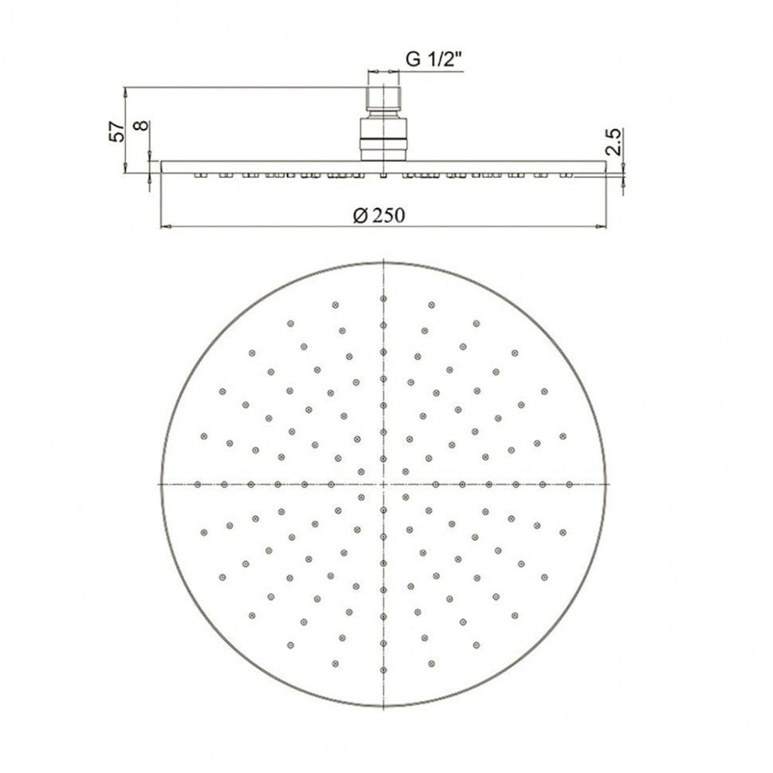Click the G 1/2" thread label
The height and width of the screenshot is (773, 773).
pos(434,60)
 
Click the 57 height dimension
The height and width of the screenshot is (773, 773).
pos(117,131)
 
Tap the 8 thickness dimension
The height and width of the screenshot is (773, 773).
pos(142,125)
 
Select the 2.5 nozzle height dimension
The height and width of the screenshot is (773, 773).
pos(614,142)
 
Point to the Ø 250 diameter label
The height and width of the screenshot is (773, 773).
pos(379,215)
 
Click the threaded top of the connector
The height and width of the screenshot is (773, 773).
pos(383,99)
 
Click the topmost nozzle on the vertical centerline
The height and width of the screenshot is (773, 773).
pos(383,299)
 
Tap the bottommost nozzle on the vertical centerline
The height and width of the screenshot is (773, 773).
pos(383,669)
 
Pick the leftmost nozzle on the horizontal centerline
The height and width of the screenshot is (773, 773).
pos(198,485)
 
